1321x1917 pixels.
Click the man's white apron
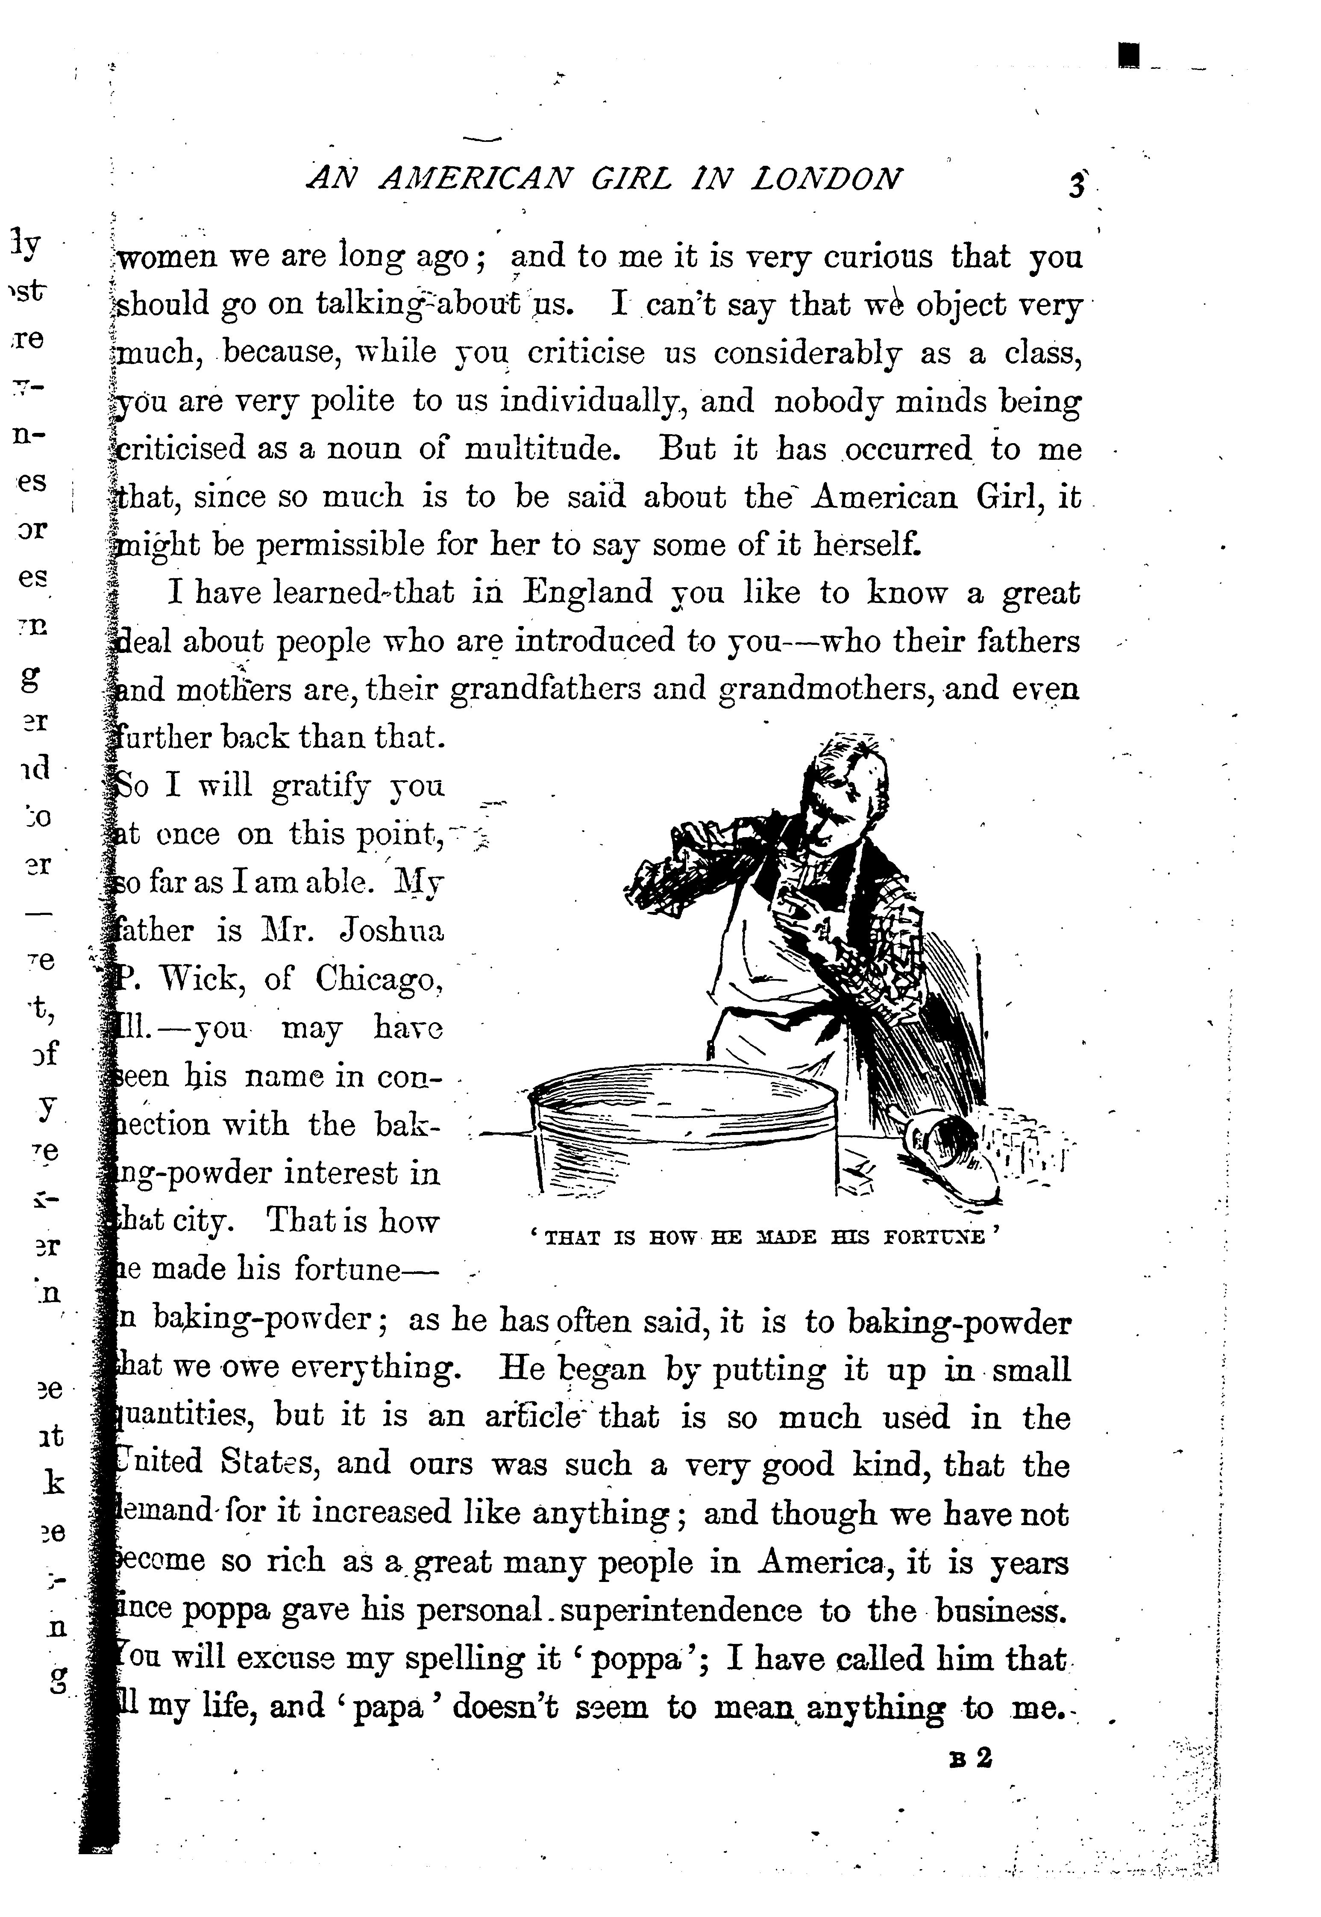pyautogui.click(x=774, y=977)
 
